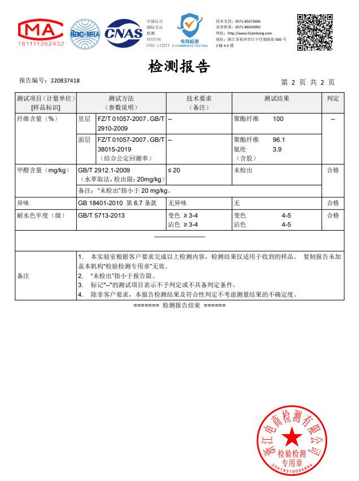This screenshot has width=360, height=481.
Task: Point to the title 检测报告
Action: pyautogui.click(x=179, y=67)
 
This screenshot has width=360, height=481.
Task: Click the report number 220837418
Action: pyautogui.click(x=65, y=81)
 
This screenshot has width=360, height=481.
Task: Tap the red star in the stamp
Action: pyautogui.click(x=292, y=436)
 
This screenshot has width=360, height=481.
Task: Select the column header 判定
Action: pyautogui.click(x=333, y=98)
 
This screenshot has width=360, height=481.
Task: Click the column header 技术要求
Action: pyautogui.click(x=199, y=98)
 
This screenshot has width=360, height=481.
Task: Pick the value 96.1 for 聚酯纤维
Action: pyautogui.click(x=279, y=140)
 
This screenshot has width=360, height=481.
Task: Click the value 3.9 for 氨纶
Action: pyautogui.click(x=277, y=149)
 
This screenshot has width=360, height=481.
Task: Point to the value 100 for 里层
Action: pyautogui.click(x=278, y=119)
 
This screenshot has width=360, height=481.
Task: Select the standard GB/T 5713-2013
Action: pyautogui.click(x=101, y=215)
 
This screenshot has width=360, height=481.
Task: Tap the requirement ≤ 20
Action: pyautogui.click(x=174, y=170)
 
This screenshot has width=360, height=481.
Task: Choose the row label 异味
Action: pyautogui.click(x=23, y=203)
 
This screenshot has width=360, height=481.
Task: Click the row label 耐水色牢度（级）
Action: pyautogui.click(x=41, y=215)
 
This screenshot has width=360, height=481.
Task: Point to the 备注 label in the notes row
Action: pyautogui.click(x=24, y=276)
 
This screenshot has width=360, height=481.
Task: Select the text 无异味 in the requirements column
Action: pyautogui.click(x=177, y=203)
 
